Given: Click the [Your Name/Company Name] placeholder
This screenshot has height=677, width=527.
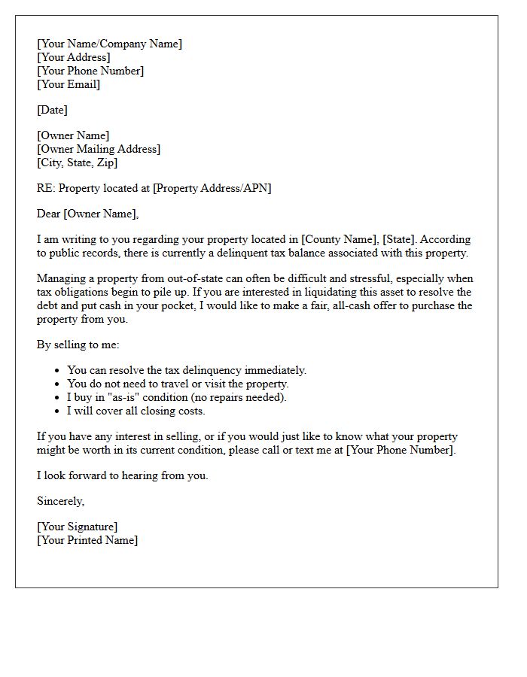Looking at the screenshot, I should tap(109, 44).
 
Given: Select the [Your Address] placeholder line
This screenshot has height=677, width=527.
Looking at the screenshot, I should tap(74, 57).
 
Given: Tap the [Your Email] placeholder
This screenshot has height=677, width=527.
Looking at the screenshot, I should tap(69, 84).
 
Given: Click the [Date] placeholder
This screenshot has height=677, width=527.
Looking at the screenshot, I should tap(52, 110).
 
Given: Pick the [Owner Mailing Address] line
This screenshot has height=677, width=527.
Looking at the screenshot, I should tap(99, 149).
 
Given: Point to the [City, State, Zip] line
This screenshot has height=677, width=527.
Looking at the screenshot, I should tap(78, 162).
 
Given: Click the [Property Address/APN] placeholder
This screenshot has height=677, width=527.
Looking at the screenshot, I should tap(212, 188).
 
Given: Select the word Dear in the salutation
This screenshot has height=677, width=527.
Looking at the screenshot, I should tap(49, 214).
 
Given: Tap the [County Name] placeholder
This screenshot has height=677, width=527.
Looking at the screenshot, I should tap(338, 239).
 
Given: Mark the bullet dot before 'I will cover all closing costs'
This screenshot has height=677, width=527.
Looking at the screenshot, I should tap(58, 411).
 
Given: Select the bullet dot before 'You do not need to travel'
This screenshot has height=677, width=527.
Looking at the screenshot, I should tap(58, 384).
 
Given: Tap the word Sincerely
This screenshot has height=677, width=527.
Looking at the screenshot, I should tap(61, 501).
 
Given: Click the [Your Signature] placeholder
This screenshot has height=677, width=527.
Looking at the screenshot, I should tap(78, 527).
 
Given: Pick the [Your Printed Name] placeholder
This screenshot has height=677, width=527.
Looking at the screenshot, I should tap(87, 540).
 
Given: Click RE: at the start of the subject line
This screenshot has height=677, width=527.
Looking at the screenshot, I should tap(46, 188).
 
